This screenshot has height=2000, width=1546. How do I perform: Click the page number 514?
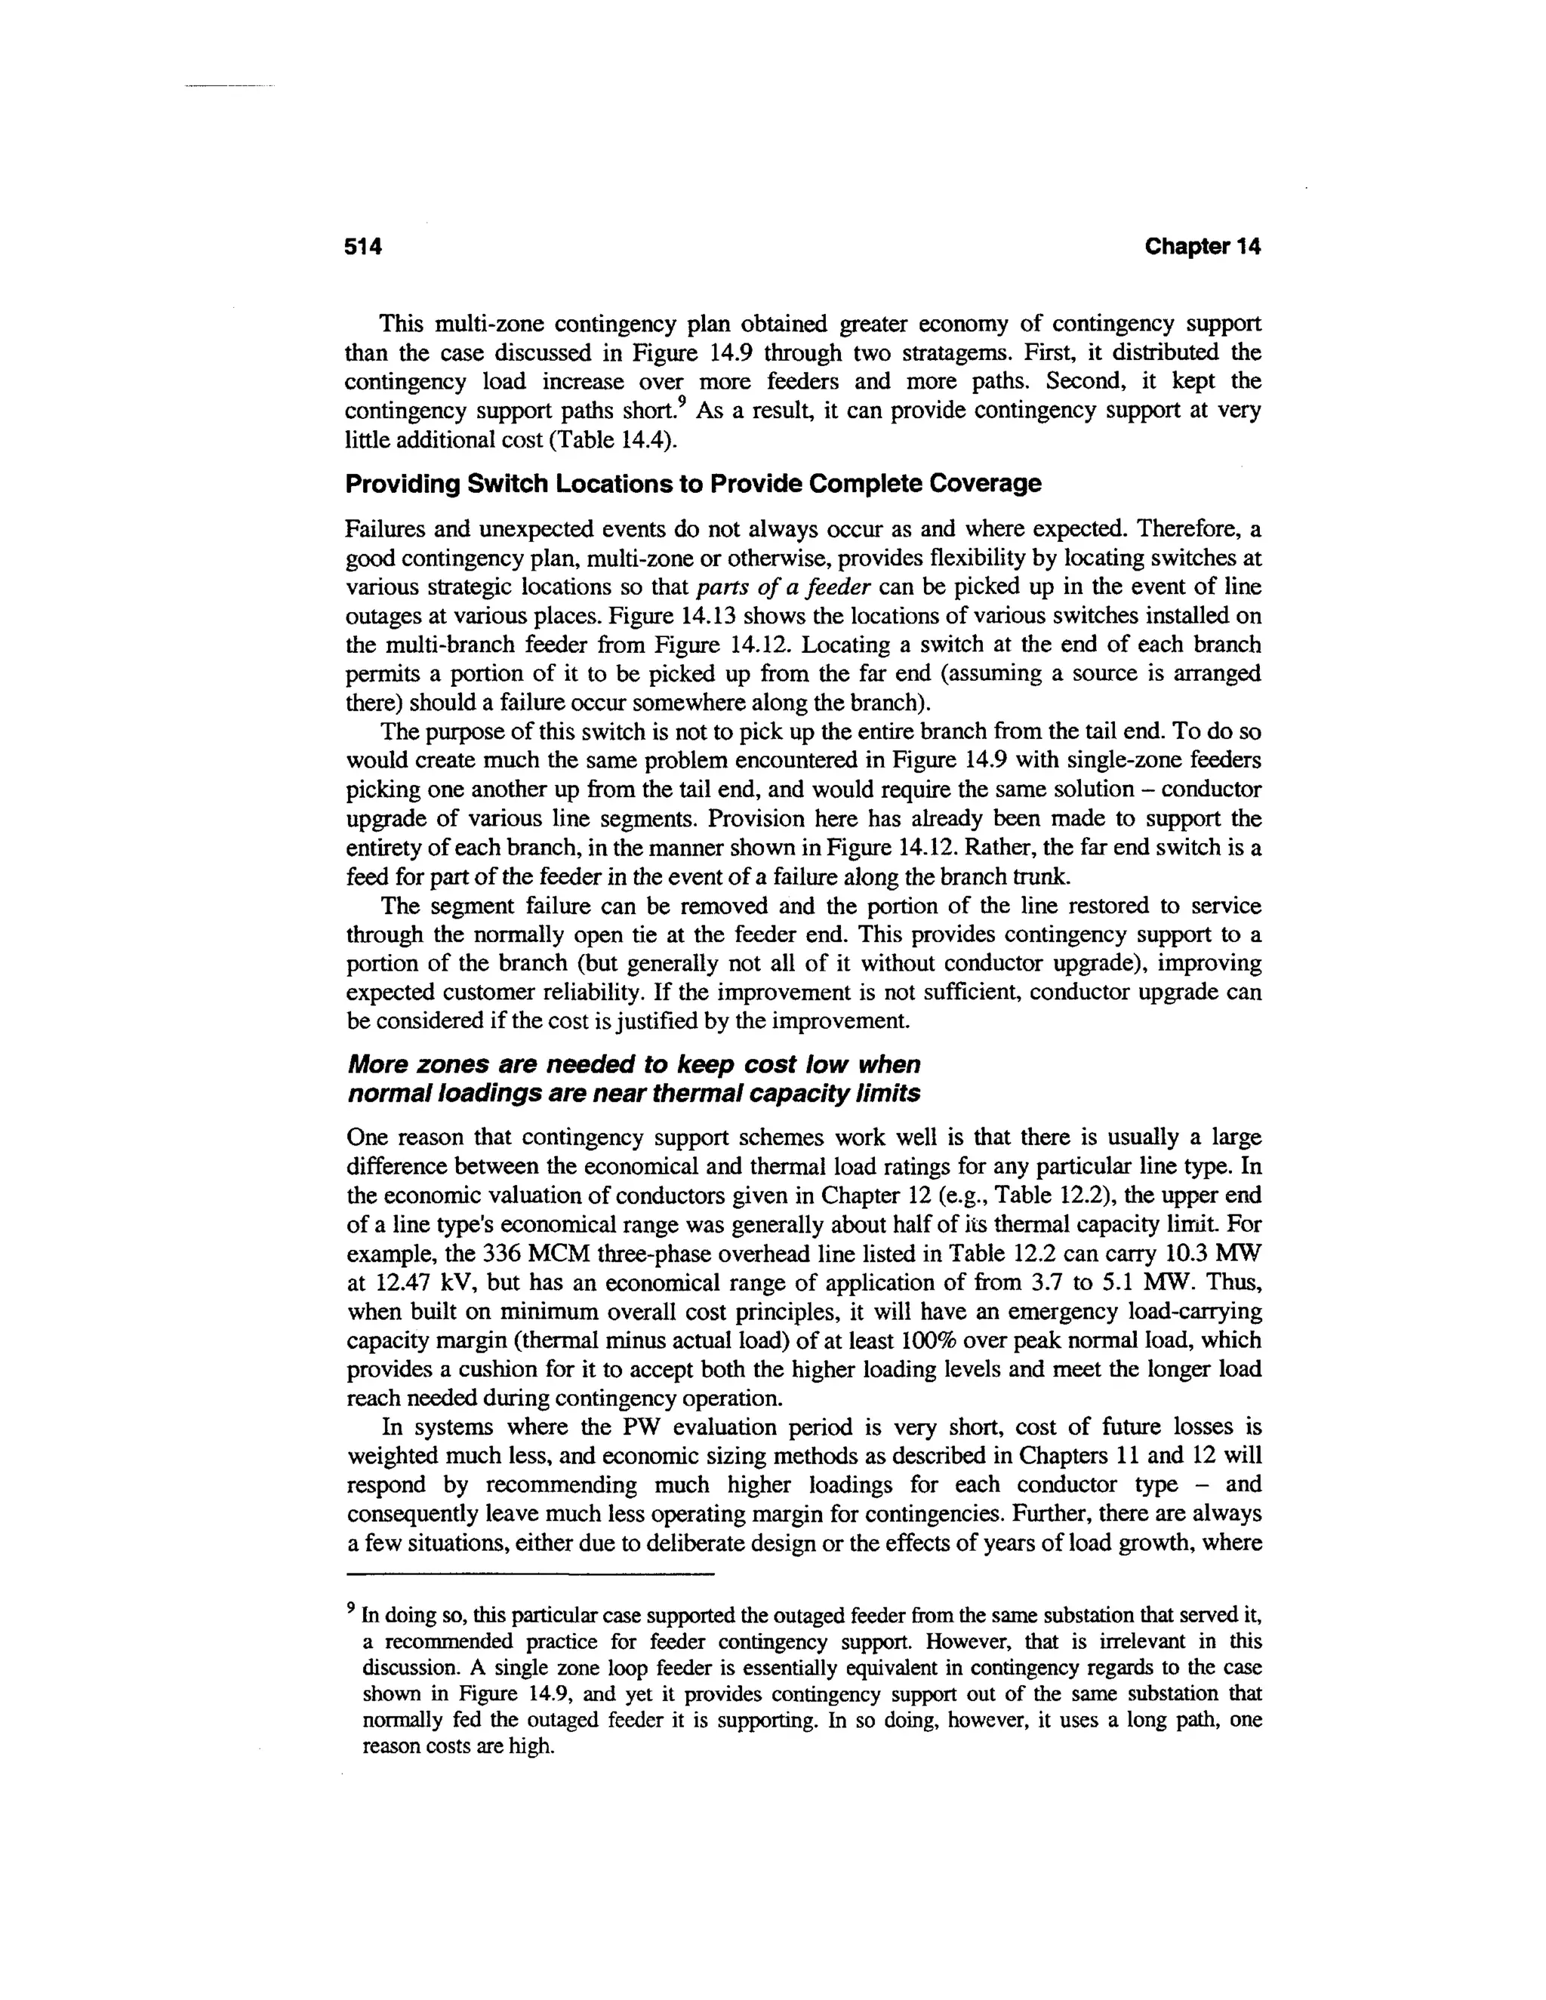click(362, 246)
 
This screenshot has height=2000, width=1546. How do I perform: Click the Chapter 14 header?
click(1203, 246)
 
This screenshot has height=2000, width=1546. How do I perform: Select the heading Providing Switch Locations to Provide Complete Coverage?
click(693, 484)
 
